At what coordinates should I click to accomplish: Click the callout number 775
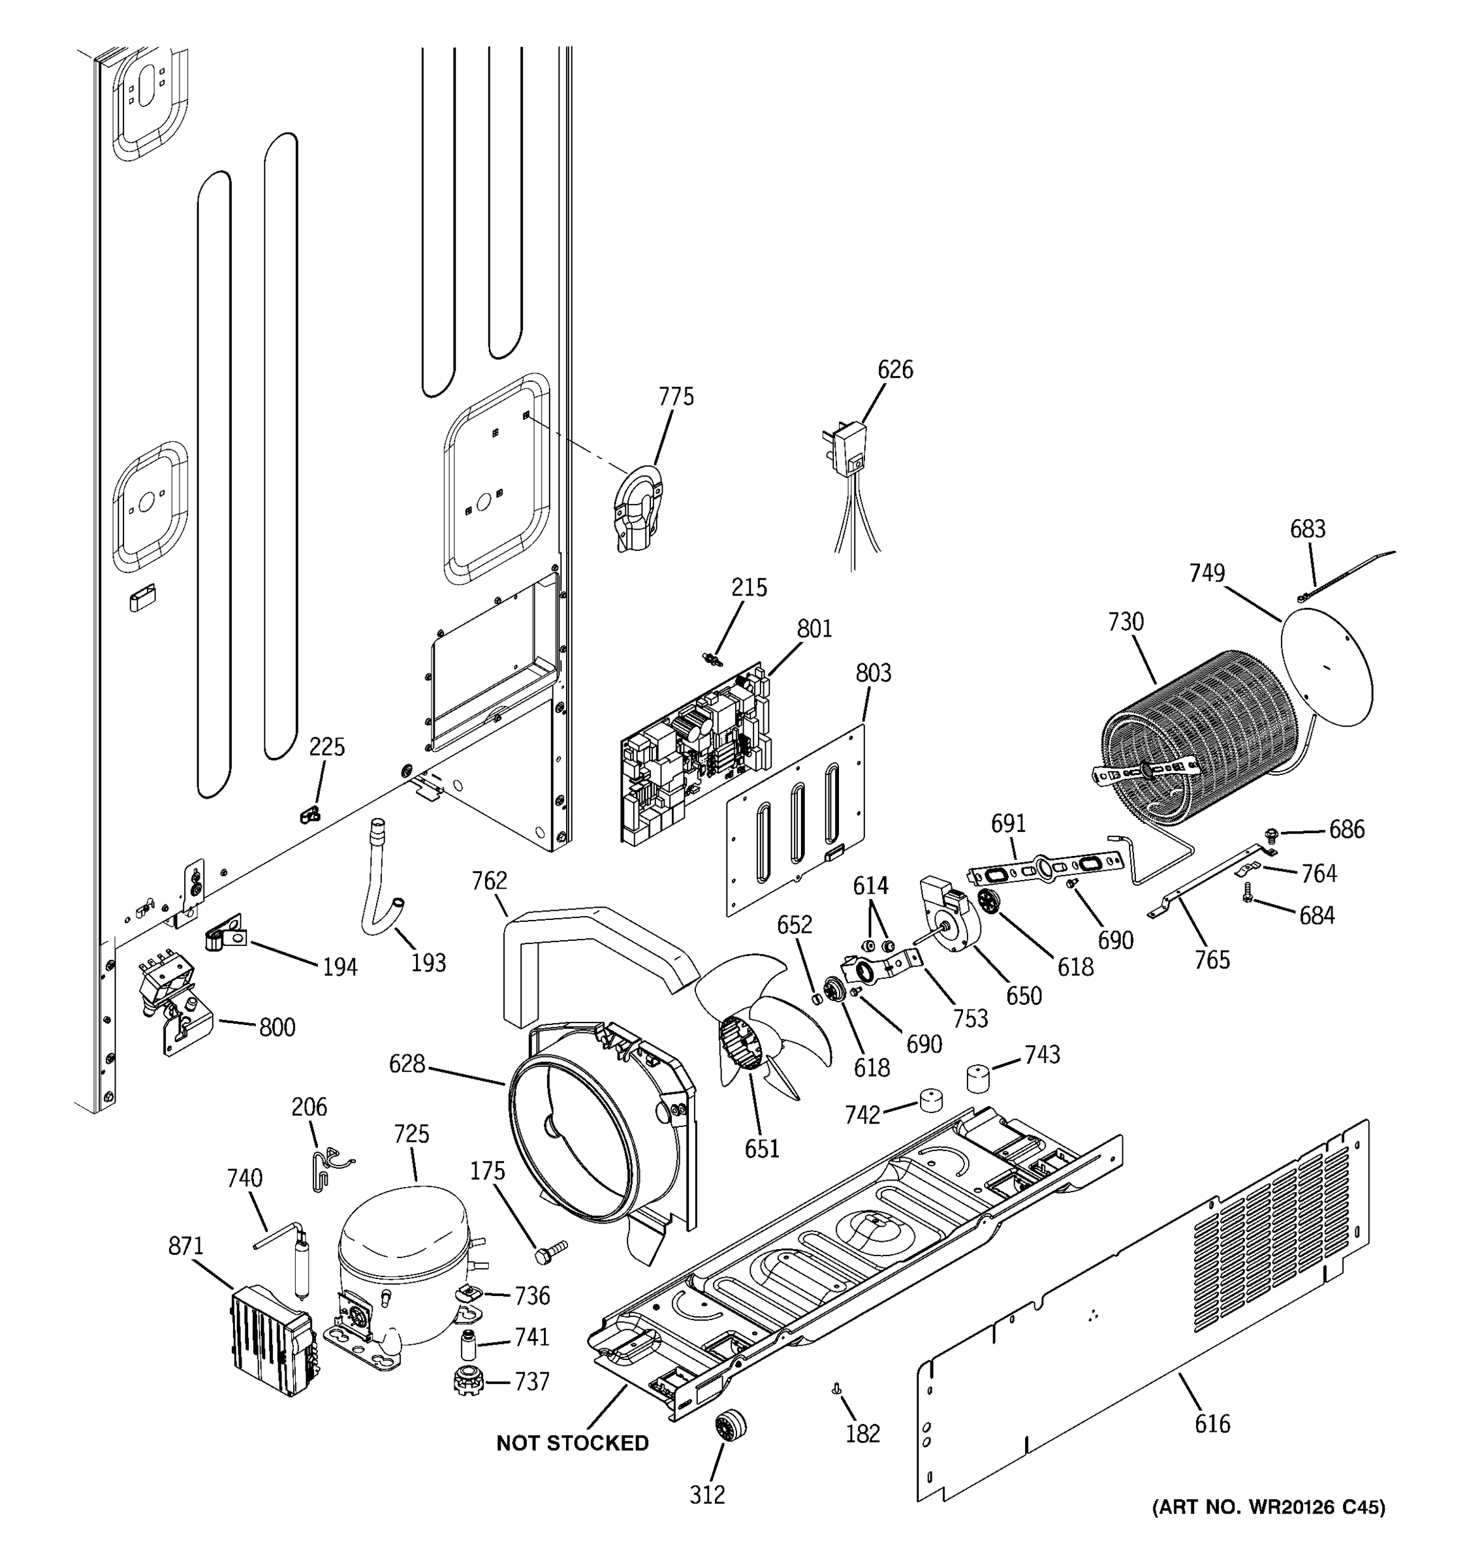[x=676, y=396]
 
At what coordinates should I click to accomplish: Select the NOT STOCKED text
[x=572, y=1443]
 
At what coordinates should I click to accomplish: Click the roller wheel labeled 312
[x=731, y=1427]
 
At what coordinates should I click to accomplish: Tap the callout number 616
[x=1212, y=1423]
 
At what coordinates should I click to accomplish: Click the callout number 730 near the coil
[x=1126, y=622]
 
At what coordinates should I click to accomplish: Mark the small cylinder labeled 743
[x=978, y=1077]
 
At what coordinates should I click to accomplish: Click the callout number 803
[x=873, y=673]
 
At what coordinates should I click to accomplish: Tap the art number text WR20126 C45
[x=1269, y=1508]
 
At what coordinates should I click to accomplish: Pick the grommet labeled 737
[x=469, y=1382]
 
